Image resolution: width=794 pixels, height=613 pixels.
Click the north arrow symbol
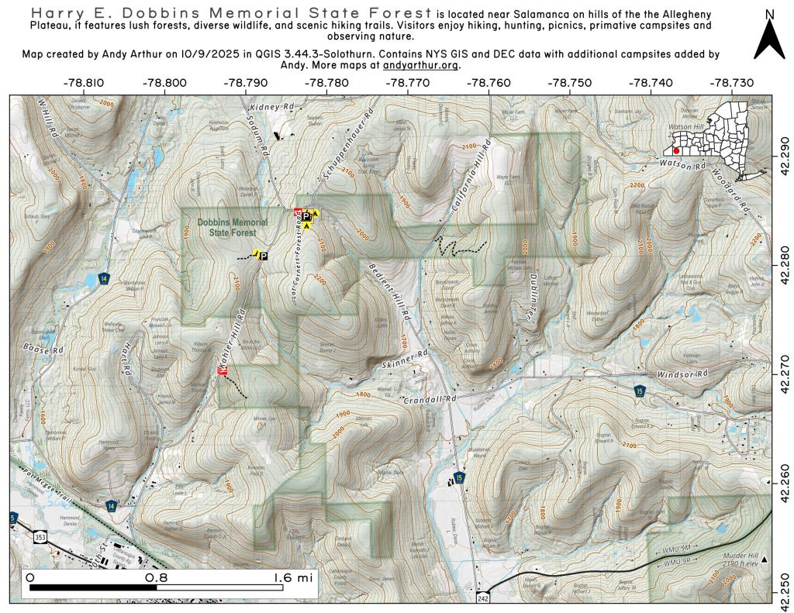(768, 36)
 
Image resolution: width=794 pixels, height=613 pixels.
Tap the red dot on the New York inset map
(677, 151)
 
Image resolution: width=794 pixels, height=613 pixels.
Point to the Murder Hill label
(741, 556)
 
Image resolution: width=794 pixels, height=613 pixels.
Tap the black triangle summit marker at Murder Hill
(765, 560)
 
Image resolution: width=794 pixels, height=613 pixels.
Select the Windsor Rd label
(683, 374)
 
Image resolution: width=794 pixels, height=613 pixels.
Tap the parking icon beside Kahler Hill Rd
(263, 256)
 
